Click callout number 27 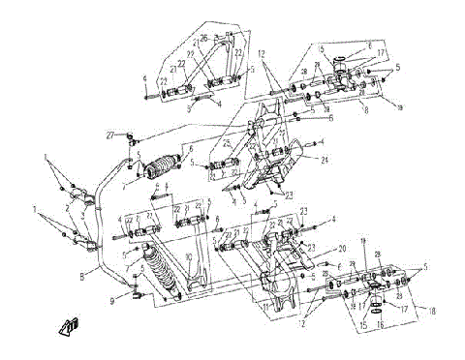point(109,134)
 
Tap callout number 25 point(225,144)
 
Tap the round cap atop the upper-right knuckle point(341,62)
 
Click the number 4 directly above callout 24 point(322,142)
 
